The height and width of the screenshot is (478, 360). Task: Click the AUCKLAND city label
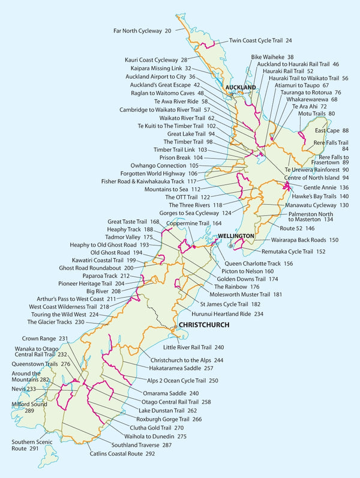[240, 87]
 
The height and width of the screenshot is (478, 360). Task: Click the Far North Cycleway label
[142, 30]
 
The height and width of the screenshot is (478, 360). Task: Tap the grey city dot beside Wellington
[229, 245]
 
